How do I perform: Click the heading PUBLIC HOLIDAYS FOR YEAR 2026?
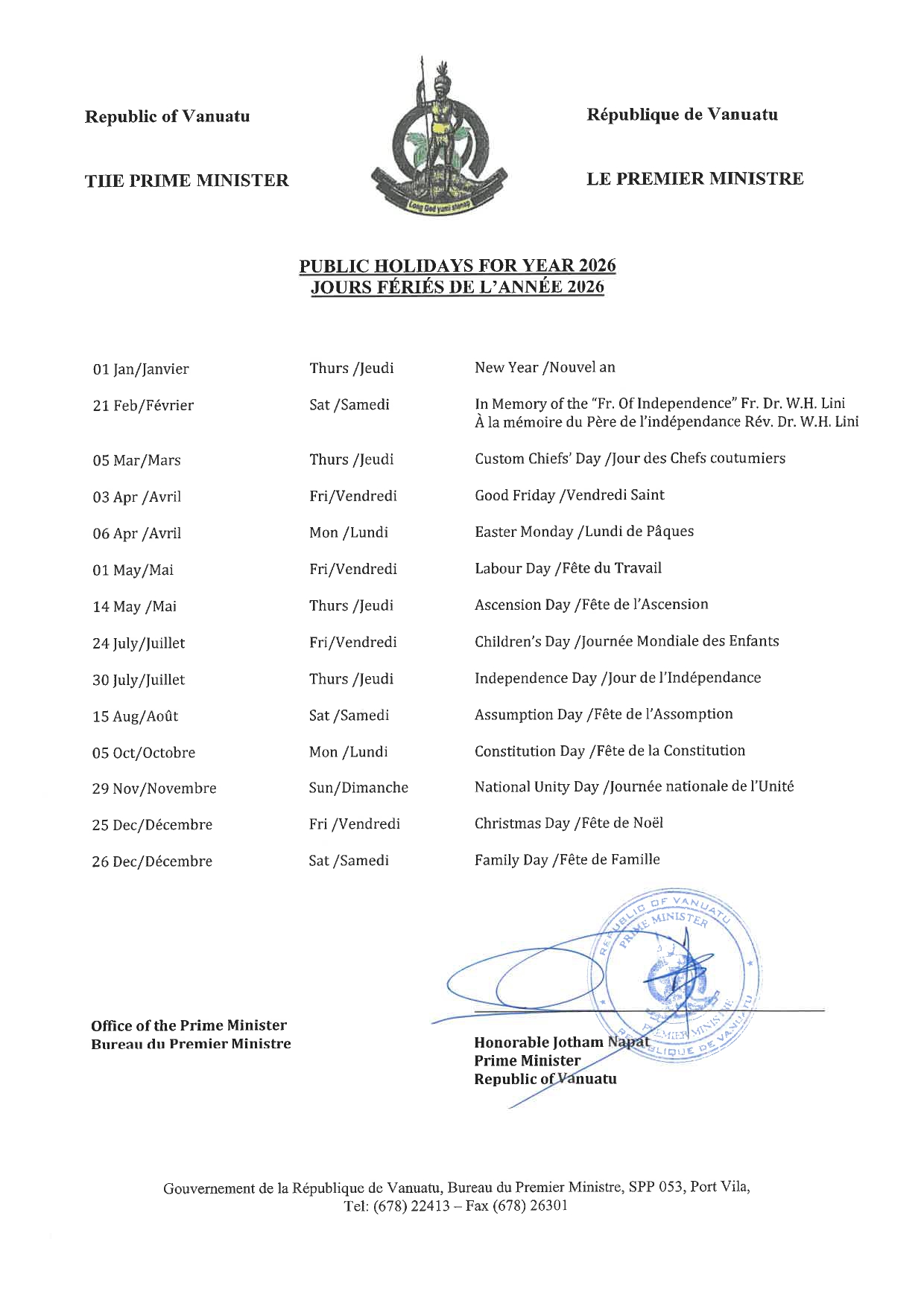[x=458, y=266]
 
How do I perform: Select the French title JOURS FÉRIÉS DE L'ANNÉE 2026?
[x=458, y=287]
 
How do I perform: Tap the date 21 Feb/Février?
[x=143, y=406]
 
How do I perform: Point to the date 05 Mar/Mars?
[x=136, y=460]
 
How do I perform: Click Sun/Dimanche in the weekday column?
[x=358, y=788]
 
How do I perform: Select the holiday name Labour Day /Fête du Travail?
[x=568, y=568]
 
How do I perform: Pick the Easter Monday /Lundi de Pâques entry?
[x=583, y=532]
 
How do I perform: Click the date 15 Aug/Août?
[x=135, y=716]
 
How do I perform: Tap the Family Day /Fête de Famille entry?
[x=567, y=860]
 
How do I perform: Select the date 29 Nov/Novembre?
[x=154, y=789]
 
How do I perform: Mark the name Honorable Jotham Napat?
[x=560, y=1042]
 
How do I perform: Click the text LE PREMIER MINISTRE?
[x=694, y=179]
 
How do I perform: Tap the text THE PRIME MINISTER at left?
[x=186, y=181]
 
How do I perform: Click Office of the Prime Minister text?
[x=189, y=1025]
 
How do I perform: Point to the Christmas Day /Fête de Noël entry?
[x=569, y=824]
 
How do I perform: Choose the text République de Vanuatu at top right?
[x=682, y=115]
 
